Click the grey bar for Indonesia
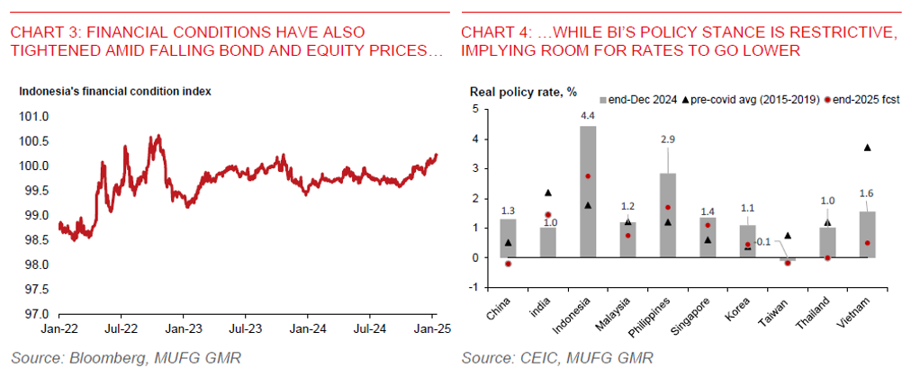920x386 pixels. coord(587,192)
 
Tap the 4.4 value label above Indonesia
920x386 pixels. coord(587,116)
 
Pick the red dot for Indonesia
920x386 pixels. coord(587,176)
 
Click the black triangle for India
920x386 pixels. coord(547,193)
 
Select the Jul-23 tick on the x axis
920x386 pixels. coord(244,329)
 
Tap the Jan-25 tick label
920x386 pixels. coord(430,329)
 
